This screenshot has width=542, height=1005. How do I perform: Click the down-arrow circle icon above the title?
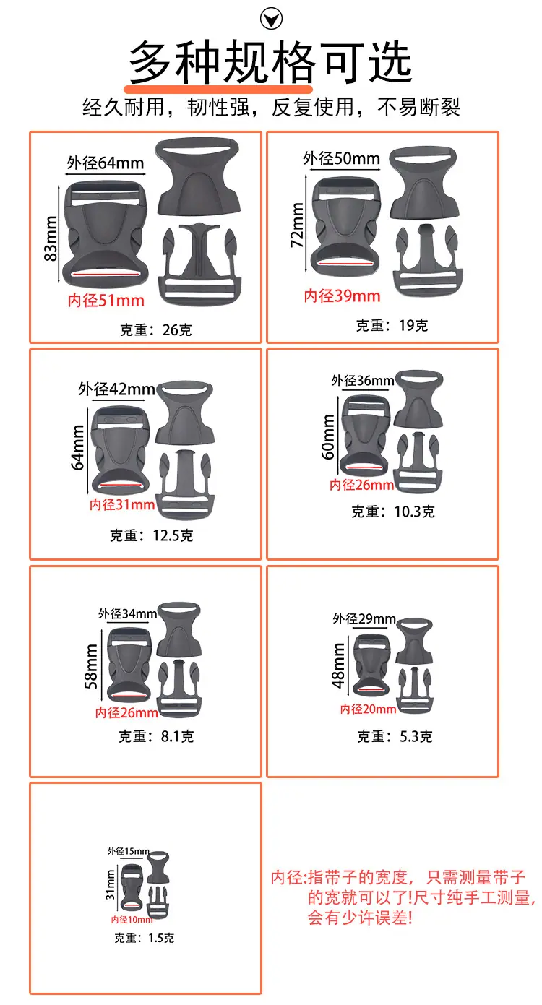tap(271, 19)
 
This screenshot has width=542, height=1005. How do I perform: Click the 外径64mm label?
tap(106, 163)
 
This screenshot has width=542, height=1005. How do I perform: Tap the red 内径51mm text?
tap(106, 301)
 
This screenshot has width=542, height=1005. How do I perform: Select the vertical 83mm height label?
tap(51, 238)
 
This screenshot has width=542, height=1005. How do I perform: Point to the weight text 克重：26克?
tap(155, 330)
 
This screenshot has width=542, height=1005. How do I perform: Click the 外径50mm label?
tap(341, 158)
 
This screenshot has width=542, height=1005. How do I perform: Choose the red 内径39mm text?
tap(343, 296)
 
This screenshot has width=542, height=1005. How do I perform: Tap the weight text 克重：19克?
tap(392, 326)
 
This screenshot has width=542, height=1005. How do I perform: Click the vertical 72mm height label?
tap(298, 225)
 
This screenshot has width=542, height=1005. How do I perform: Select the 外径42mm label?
tap(116, 389)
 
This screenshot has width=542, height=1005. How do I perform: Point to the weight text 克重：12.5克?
tap(152, 535)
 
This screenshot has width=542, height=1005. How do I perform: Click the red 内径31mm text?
tap(122, 505)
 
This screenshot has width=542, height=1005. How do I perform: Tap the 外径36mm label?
tap(363, 381)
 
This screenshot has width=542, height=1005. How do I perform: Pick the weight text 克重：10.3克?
tap(393, 512)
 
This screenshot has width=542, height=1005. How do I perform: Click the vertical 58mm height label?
tap(91, 667)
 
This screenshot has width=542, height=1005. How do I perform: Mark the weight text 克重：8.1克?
tap(156, 736)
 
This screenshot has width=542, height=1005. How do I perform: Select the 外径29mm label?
tap(364, 619)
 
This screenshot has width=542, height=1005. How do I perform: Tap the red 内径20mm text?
tap(369, 709)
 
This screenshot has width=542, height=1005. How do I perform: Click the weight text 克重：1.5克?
tap(144, 938)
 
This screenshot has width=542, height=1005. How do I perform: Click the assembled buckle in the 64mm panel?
tap(106, 234)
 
